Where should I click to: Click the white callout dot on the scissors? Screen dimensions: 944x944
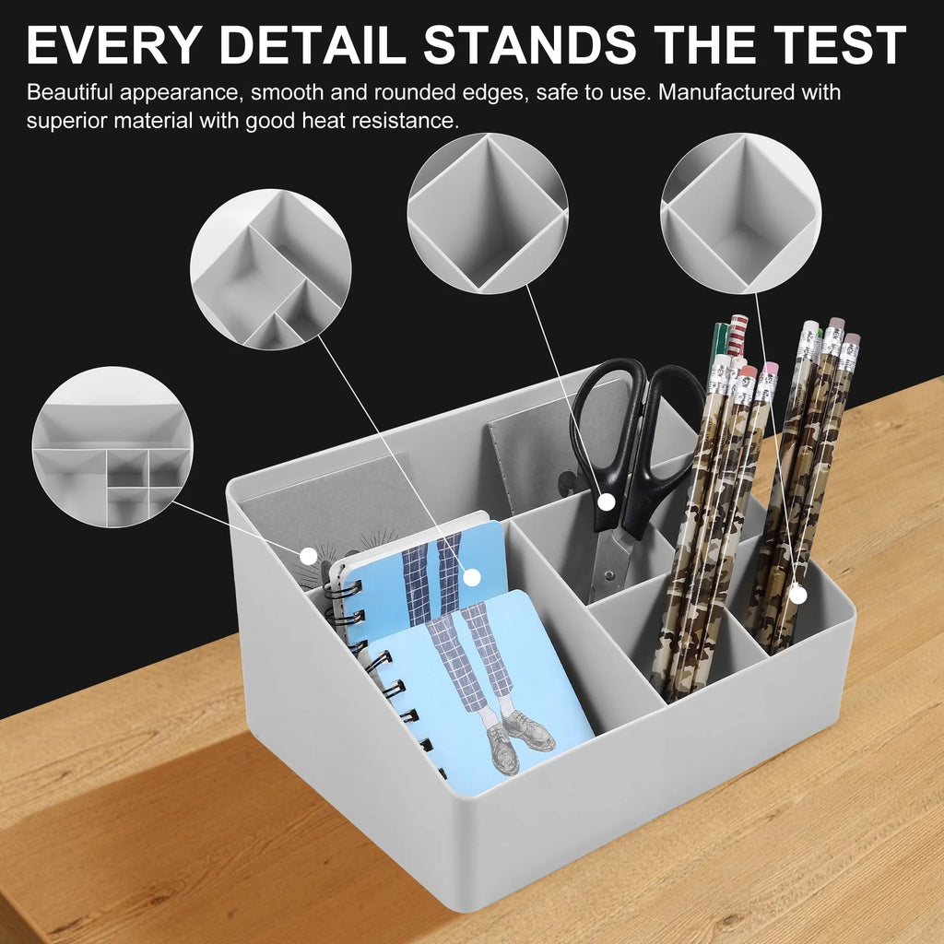607,501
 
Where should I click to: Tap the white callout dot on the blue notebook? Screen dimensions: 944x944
473,577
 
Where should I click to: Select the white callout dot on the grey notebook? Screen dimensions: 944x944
308,556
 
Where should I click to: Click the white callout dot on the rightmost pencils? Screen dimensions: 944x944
797,595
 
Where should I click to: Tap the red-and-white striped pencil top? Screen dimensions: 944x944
737,335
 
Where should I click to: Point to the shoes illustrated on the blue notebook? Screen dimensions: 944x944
519,737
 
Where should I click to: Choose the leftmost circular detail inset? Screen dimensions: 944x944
112,447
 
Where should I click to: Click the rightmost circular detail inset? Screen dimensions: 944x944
741,213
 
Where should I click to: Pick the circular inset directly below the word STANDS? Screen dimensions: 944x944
488,213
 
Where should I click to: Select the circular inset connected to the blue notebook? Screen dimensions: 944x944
271,269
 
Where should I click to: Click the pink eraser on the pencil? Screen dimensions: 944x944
770,368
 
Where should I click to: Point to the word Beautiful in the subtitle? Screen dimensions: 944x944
70,92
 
